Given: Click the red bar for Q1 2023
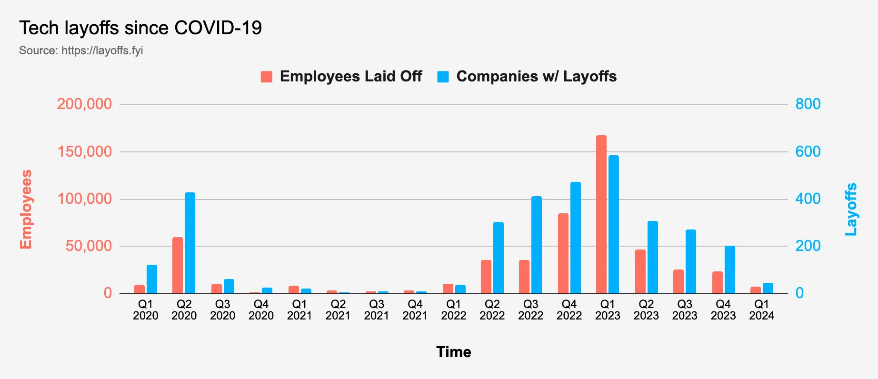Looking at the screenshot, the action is pos(601,214).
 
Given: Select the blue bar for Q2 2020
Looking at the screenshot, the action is pos(190,243).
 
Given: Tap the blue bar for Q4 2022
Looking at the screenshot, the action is pos(576,238).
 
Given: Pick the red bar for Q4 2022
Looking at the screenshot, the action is pos(563,253).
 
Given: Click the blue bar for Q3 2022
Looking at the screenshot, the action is pos(537,245).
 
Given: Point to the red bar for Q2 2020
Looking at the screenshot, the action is pos(178,265).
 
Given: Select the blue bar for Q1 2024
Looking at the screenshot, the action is pos(768,288).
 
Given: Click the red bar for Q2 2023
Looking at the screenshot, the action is pos(640,271).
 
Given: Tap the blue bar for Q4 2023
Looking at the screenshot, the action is pos(730,269).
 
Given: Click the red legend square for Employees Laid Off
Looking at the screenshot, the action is pos(267,77).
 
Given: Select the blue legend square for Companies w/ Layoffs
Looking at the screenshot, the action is pos(443,77).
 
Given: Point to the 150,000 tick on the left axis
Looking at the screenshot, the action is pos(85,151).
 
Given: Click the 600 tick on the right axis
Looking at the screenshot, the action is pos(808,151).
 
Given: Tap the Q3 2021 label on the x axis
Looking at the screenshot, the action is pos(377,310).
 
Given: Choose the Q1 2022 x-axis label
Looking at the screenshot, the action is pos(454,310).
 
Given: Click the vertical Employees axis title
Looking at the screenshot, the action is pos(26,209).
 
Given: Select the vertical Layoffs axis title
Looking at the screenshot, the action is pos(851,209).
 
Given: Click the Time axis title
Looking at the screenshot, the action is pos(454,352).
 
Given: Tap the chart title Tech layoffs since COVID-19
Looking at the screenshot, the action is pos(140,28).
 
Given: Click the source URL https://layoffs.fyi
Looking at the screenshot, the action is pos(102,50).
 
